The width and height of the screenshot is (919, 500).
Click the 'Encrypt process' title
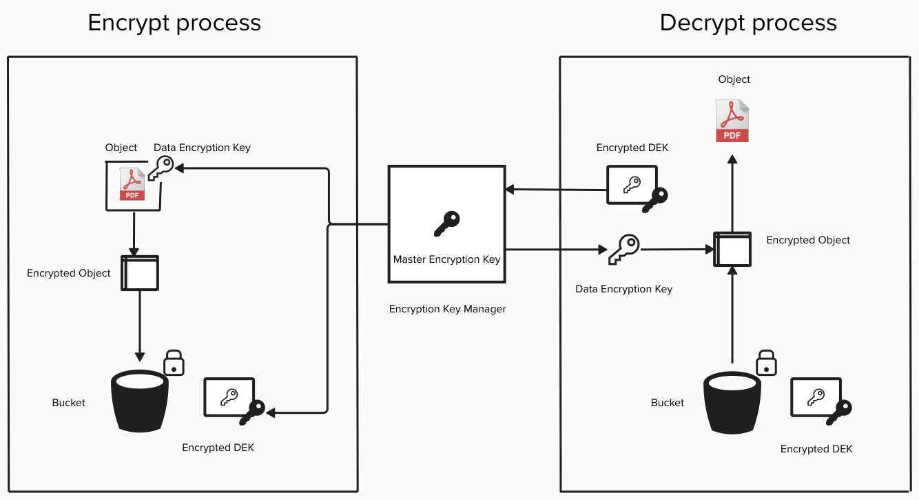point(174,23)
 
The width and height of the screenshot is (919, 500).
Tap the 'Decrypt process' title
point(748,23)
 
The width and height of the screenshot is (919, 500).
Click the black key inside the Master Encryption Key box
point(447,223)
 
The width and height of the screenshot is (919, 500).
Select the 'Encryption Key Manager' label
point(447,309)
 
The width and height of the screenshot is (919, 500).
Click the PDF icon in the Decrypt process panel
point(732,121)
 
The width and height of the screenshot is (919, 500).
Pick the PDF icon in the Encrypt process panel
point(132,184)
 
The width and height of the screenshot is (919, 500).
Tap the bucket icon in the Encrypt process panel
point(139,401)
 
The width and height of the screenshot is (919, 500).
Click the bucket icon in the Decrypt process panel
point(732,403)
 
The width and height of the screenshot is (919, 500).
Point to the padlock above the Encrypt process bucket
point(174,363)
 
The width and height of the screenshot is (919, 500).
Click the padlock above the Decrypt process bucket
point(766,363)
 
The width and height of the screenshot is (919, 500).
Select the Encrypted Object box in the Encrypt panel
point(140,273)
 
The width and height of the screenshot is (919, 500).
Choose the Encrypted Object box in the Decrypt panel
point(732,250)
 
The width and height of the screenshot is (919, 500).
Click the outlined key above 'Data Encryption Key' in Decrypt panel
point(624,250)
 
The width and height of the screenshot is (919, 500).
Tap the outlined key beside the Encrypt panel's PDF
point(161,168)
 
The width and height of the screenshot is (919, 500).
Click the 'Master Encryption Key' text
point(447,259)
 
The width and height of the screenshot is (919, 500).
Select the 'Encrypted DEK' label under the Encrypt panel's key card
point(218,448)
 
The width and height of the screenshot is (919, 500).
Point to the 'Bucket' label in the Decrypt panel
point(667,403)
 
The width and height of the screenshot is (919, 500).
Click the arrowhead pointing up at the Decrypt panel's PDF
point(732,159)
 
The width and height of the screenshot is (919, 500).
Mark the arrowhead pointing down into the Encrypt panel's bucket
point(140,357)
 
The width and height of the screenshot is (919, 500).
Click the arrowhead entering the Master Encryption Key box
point(510,190)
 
